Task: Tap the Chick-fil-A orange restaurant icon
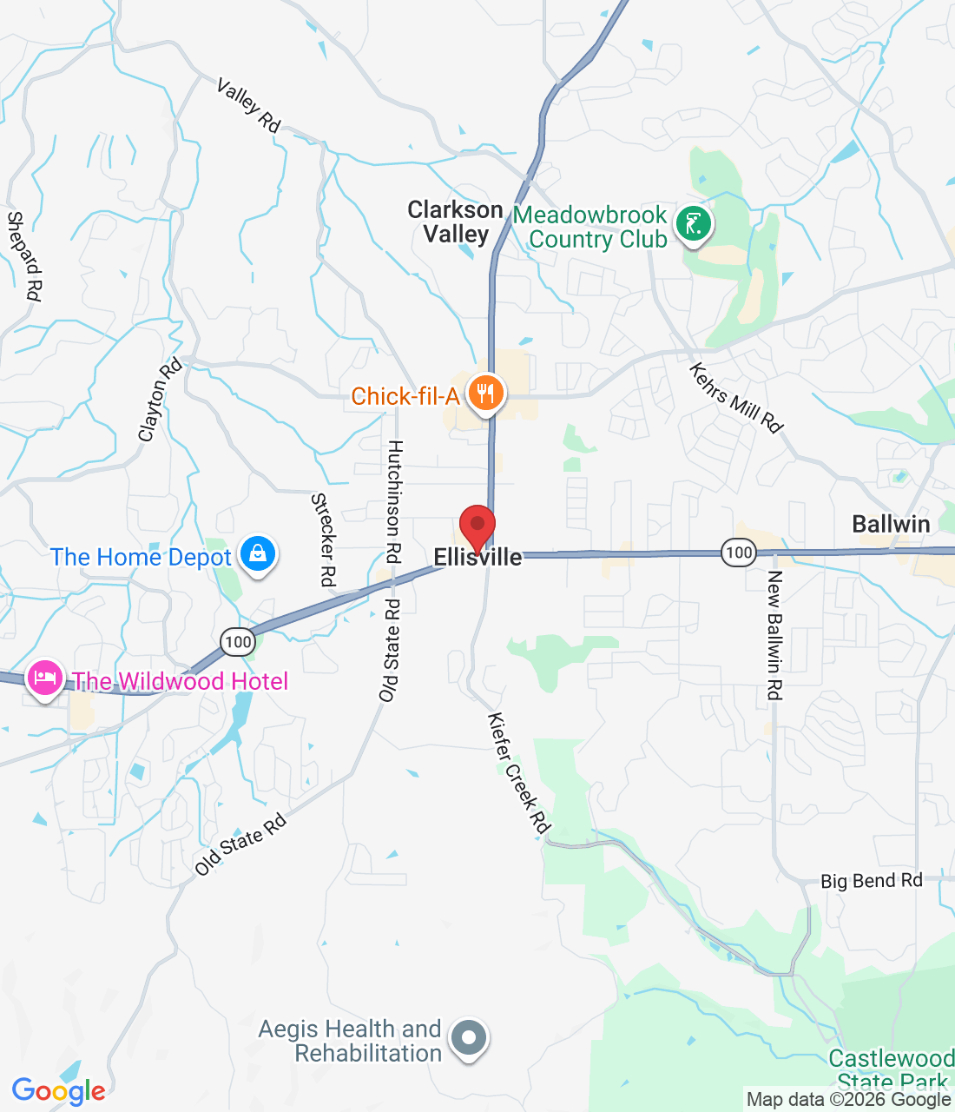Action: (486, 394)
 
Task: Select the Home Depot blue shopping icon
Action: (257, 553)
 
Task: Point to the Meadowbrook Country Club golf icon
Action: (693, 224)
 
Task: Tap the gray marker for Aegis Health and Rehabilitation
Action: (470, 1037)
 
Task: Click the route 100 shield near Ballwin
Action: (738, 553)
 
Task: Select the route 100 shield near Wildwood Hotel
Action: (238, 643)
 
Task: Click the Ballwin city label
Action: (891, 524)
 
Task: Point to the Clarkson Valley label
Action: (456, 222)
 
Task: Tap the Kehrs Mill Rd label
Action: (736, 397)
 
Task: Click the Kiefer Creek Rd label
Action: (518, 773)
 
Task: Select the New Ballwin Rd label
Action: (774, 635)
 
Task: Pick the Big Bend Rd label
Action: (871, 881)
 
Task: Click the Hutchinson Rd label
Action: (394, 501)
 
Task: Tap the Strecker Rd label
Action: (324, 539)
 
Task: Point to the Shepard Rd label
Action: (24, 256)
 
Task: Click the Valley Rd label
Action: (249, 106)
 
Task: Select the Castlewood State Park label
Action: (891, 1069)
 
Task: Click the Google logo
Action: (58, 1091)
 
